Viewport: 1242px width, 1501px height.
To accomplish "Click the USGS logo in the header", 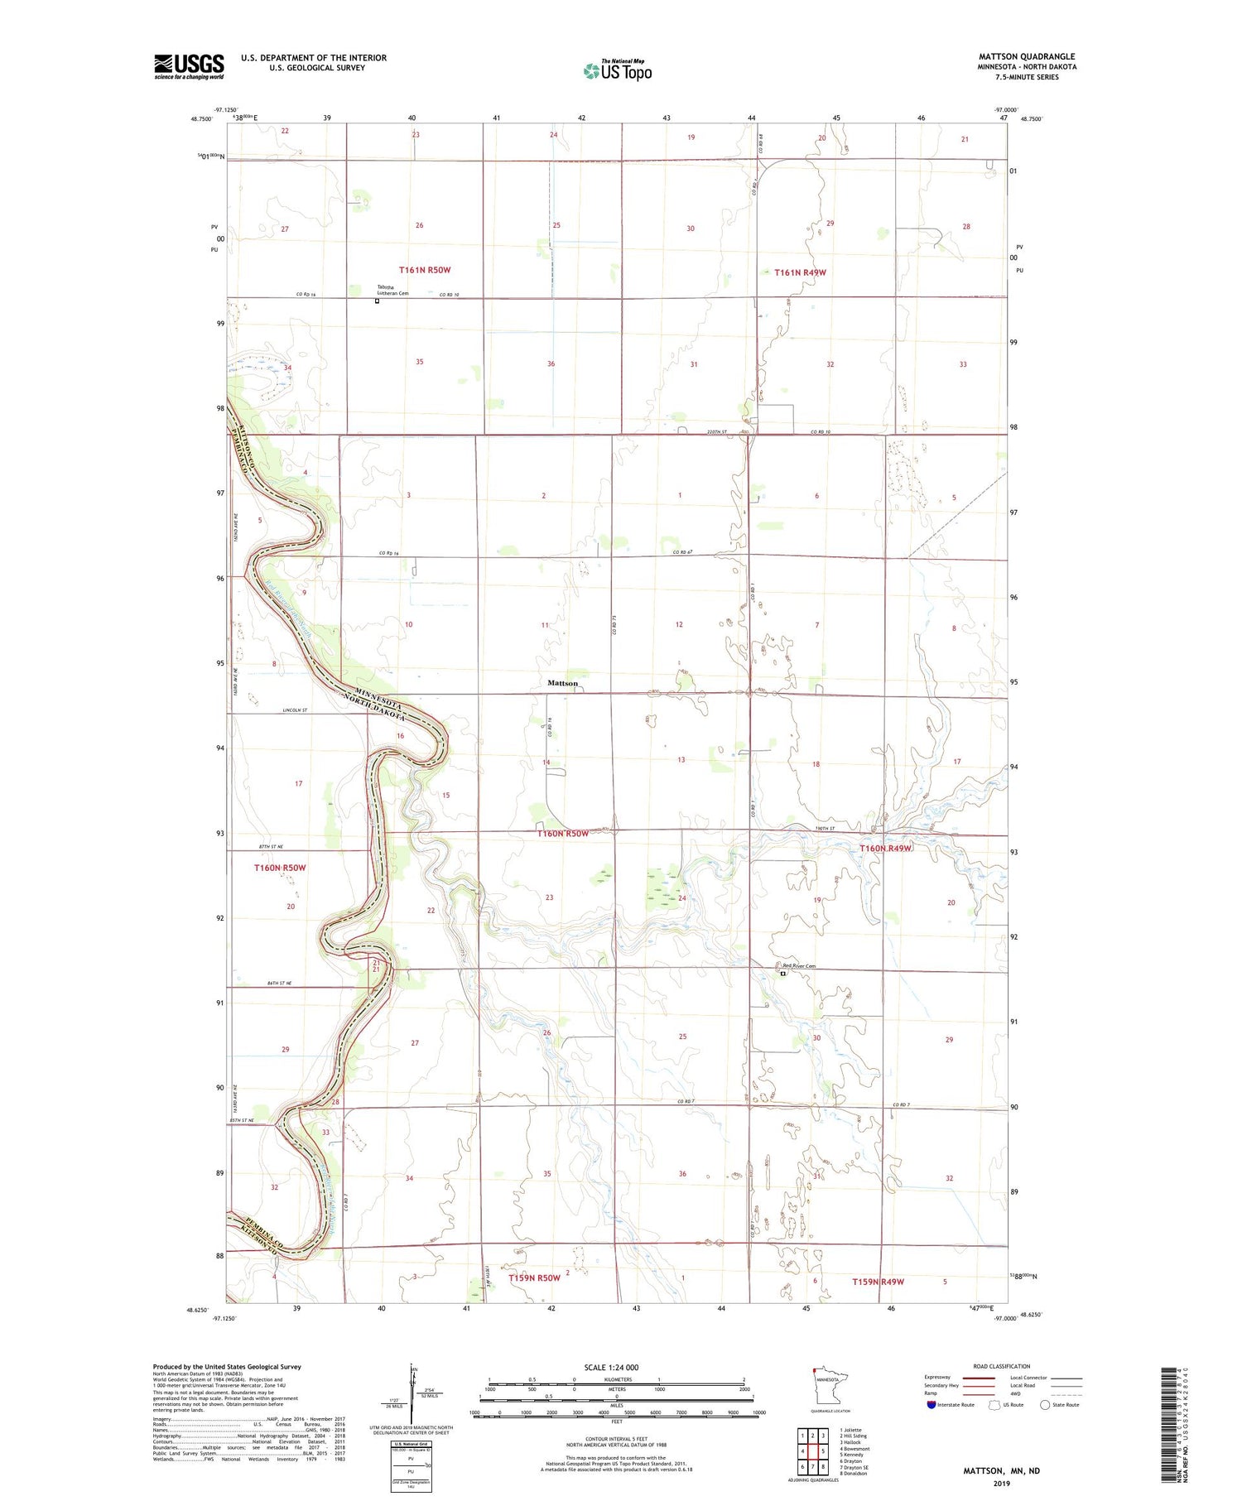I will tap(189, 66).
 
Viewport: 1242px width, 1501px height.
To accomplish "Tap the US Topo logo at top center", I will tap(618, 70).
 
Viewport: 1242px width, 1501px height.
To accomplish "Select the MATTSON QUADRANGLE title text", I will tap(1026, 56).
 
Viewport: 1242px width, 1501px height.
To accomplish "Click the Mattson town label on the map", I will tap(562, 683).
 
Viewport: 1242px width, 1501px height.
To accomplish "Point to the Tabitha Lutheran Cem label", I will tap(392, 290).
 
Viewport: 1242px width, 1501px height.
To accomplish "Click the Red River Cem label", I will tap(799, 966).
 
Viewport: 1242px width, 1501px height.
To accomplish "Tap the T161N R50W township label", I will tap(424, 270).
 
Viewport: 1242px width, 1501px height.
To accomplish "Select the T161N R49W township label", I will tap(800, 272).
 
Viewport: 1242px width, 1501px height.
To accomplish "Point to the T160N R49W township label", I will tap(885, 848).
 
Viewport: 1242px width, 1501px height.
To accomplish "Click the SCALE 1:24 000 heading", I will tap(611, 1367).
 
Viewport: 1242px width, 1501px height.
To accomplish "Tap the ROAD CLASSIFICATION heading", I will tap(1001, 1366).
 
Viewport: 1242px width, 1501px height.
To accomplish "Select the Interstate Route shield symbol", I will tap(931, 1405).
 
